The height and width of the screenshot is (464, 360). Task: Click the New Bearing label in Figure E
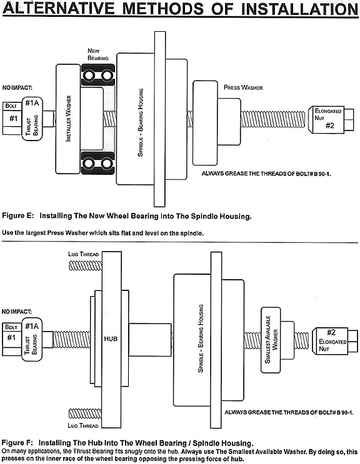[x=98, y=54]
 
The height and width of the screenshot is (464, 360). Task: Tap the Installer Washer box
[x=68, y=119]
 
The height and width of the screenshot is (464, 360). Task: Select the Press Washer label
[x=243, y=87]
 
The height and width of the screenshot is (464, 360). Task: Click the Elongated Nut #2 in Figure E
[x=331, y=119]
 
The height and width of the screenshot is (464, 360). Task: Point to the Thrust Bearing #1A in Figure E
[x=32, y=119]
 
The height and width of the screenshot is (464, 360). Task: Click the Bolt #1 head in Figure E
[x=12, y=119]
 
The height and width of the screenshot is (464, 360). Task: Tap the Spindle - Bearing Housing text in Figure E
[x=141, y=122]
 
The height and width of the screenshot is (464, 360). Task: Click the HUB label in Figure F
[x=111, y=338]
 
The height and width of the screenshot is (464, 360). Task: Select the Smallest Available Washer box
[x=271, y=340]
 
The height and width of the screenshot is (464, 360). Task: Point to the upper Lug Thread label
[x=83, y=254]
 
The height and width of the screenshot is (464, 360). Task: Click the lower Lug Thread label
[x=83, y=425]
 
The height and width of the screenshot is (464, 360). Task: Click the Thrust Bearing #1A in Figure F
[x=32, y=340]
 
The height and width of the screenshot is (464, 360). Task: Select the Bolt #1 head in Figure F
[x=12, y=339]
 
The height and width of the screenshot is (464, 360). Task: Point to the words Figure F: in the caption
[x=18, y=443]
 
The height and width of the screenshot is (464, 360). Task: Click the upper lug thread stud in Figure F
[x=85, y=265]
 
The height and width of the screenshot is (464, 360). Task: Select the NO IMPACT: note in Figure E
[x=17, y=87]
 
